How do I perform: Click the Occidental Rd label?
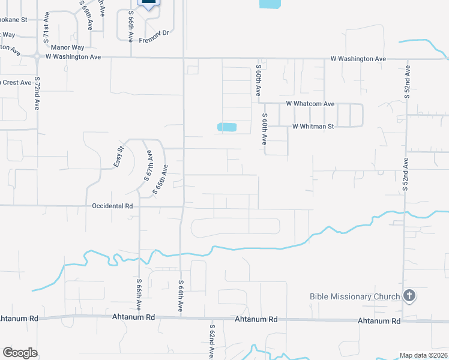112,206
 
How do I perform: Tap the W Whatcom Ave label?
310,104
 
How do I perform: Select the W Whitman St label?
313,127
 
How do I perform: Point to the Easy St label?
119,157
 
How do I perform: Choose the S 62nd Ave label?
212,342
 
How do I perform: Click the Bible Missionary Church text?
355,296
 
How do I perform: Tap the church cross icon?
409,296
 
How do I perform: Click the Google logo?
20,353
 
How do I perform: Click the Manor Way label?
68,47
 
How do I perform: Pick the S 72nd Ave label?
37,93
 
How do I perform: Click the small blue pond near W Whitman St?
227,127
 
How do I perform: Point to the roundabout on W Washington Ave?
37,56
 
